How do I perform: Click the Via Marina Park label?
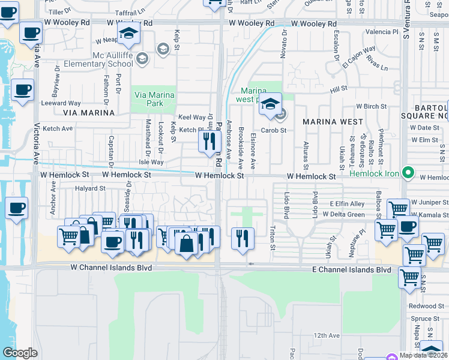[154, 99]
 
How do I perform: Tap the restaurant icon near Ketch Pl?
[208, 142]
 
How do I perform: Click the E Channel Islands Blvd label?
[351, 270]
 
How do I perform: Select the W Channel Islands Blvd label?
[111, 267]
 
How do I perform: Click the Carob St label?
[273, 130]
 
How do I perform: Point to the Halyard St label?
[90, 188]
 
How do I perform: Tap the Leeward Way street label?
[61, 104]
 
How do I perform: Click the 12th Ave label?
[327, 335]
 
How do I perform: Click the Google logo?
[20, 353]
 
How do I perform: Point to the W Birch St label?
[371, 106]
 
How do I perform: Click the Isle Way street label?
[151, 162]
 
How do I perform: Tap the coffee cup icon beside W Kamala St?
[408, 227]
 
